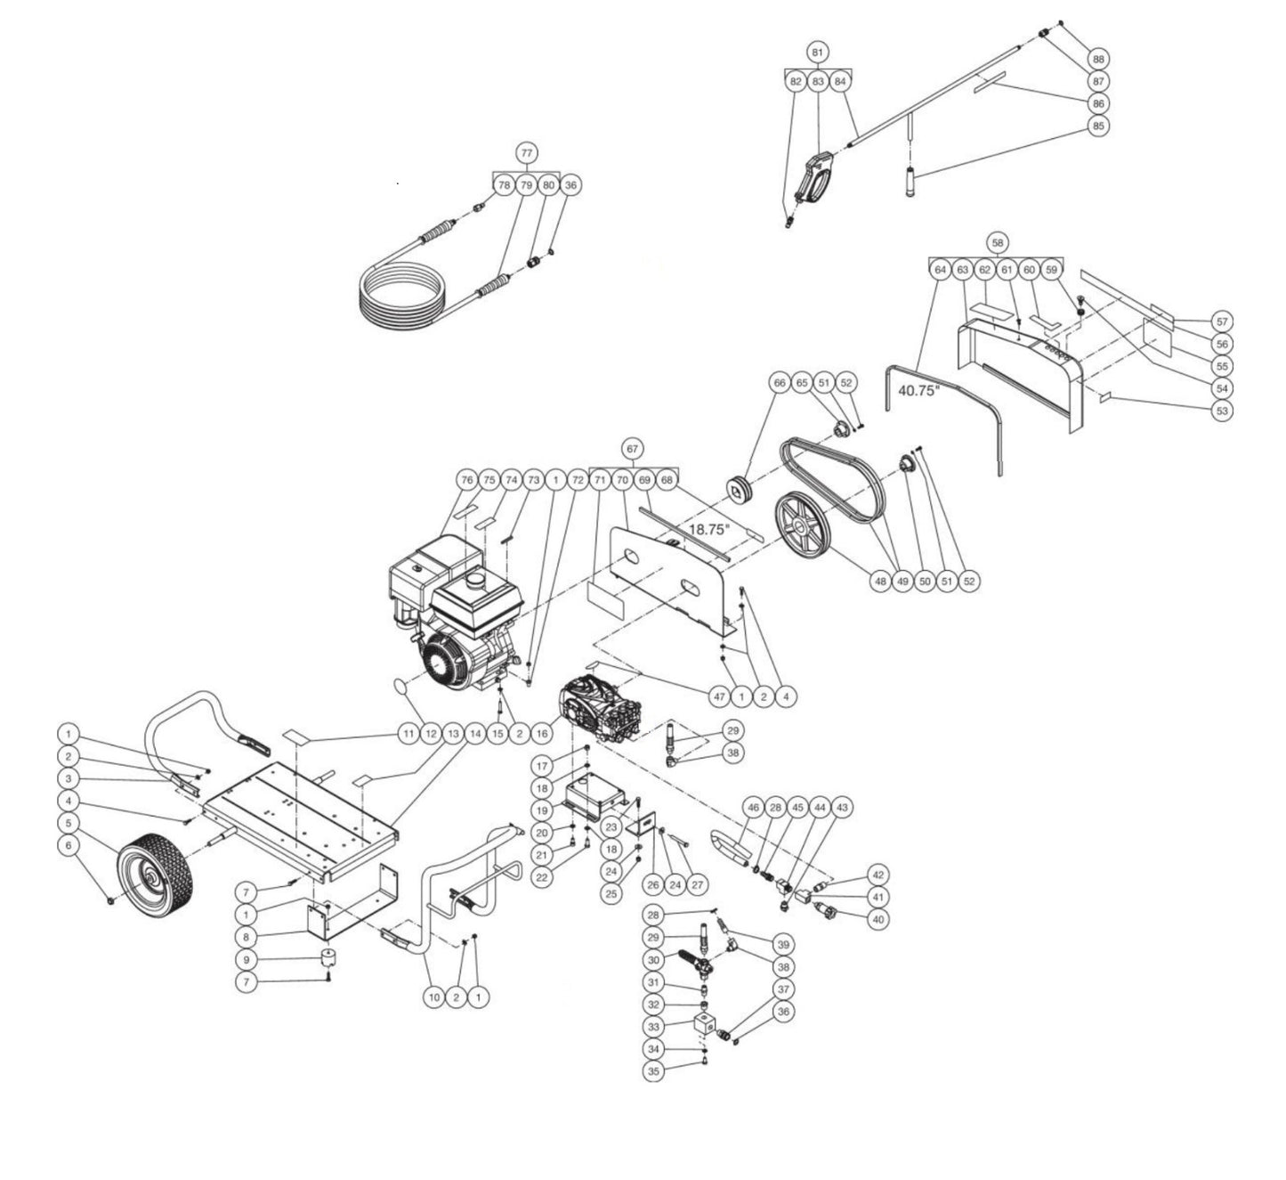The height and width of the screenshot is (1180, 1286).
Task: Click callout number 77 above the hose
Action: (526, 151)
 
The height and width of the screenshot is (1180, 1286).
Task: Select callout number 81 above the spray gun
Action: (818, 52)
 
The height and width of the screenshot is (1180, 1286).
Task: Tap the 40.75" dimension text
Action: (918, 390)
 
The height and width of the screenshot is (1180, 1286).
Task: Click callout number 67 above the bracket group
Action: (633, 448)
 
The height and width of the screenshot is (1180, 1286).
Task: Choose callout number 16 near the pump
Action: (540, 734)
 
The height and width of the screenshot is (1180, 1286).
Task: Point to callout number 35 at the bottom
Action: (654, 1072)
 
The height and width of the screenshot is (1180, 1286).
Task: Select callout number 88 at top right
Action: (1098, 59)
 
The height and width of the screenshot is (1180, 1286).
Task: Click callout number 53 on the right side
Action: (1222, 411)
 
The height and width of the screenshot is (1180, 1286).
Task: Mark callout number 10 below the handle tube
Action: (433, 997)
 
